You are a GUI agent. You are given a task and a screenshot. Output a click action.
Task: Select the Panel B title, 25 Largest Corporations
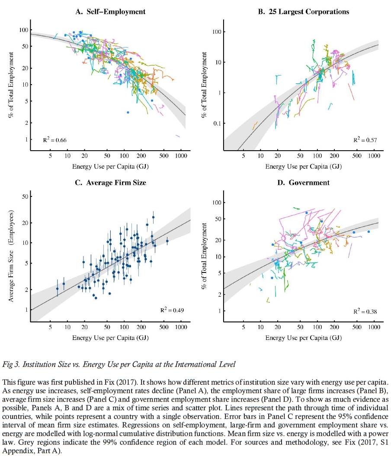pyautogui.click(x=304, y=12)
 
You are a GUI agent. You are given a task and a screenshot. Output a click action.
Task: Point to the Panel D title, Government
pyautogui.click(x=304, y=183)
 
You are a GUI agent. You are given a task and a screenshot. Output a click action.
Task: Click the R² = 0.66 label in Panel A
pyautogui.click(x=54, y=139)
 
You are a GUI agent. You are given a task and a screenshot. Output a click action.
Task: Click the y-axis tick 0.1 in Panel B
pyautogui.click(x=217, y=123)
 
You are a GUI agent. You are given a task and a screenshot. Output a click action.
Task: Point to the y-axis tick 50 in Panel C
pyautogui.click(x=25, y=196)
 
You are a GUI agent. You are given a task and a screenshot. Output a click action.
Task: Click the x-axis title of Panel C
pyautogui.click(x=110, y=337)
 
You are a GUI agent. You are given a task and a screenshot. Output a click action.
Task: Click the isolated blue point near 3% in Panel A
pyautogui.click(x=128, y=112)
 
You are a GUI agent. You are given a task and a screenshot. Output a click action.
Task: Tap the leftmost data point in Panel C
pyautogui.click(x=57, y=288)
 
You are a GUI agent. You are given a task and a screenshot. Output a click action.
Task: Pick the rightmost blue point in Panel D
pyautogui.click(x=369, y=232)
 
